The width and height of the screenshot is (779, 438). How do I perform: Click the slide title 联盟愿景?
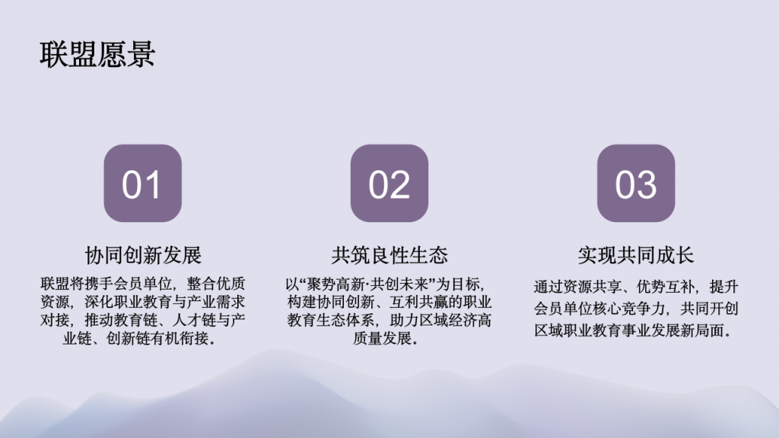97,54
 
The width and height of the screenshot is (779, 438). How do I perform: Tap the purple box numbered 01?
142,183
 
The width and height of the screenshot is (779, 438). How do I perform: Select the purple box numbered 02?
389,183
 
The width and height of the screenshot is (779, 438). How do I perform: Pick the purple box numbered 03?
636,183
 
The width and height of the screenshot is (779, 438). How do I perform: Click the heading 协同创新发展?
143,255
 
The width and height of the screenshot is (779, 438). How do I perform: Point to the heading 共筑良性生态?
389,255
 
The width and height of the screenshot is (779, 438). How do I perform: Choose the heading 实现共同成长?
636,255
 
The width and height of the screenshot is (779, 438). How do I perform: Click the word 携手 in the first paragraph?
99,284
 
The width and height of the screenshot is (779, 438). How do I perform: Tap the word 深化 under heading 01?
99,302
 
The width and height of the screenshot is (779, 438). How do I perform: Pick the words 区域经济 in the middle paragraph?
448,320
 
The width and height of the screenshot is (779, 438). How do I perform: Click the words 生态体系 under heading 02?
345,320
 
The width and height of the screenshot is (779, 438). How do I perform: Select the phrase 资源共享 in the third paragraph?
592,287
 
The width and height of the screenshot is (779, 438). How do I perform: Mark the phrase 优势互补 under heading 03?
665,287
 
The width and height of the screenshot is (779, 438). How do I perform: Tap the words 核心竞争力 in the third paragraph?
629,309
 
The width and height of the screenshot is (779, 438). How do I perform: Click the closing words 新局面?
701,331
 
